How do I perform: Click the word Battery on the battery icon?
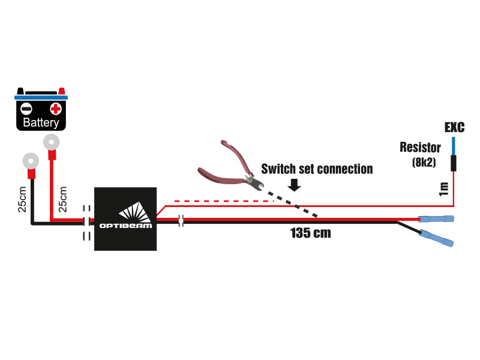click(41, 123)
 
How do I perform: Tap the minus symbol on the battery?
click(26, 109)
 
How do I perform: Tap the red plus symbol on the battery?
click(56, 109)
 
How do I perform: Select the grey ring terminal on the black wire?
click(30, 161)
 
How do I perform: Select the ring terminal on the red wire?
click(51, 142)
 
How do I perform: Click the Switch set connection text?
click(317, 169)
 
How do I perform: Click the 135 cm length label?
click(310, 233)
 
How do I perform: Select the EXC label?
click(454, 127)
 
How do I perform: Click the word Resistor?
click(420, 148)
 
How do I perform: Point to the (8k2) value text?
click(424, 162)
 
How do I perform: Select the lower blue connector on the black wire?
click(437, 237)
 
